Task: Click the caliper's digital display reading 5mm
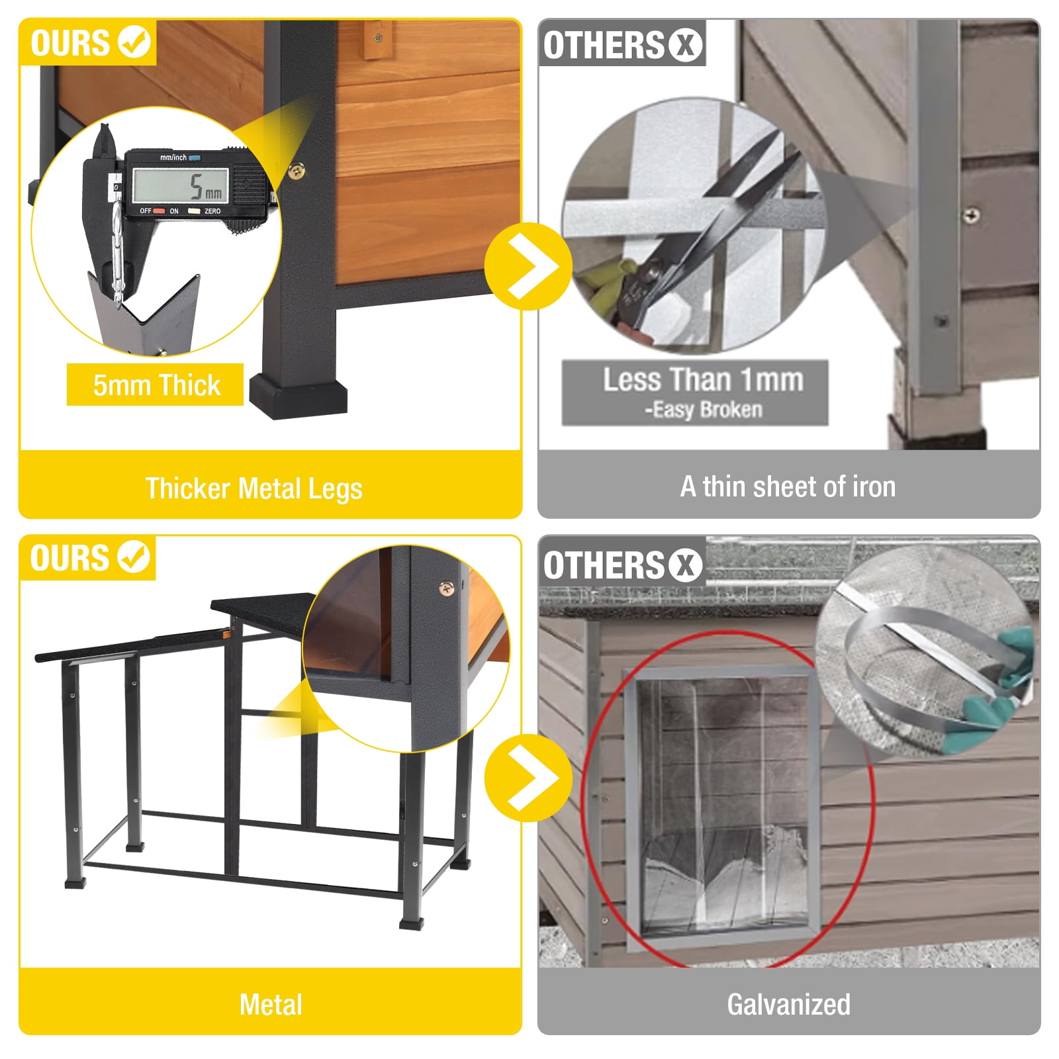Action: (x=181, y=185)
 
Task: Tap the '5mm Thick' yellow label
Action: (x=156, y=385)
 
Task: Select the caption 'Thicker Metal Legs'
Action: (x=254, y=488)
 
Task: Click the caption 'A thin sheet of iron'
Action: (x=788, y=486)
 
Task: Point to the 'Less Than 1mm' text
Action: (x=703, y=380)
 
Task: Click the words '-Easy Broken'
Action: (x=704, y=410)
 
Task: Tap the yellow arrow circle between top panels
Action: (x=528, y=266)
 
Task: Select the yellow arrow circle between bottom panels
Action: (x=528, y=778)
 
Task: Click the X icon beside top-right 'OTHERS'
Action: (x=685, y=45)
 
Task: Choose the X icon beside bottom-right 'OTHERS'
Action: (x=685, y=565)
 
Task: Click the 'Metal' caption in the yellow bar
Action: (x=271, y=1004)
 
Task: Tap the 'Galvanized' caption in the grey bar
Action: (x=788, y=1004)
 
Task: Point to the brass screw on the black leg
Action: (x=297, y=171)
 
